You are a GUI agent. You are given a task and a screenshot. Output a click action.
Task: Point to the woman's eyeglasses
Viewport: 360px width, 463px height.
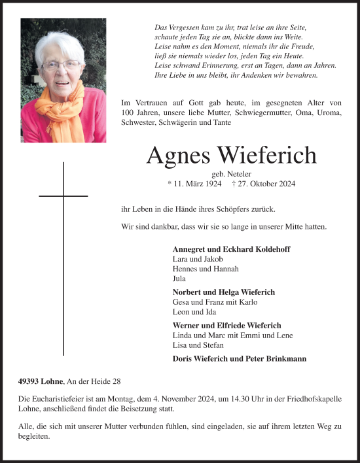[61, 65]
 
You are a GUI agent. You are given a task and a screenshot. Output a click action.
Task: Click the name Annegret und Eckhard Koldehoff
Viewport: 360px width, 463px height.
[231, 250]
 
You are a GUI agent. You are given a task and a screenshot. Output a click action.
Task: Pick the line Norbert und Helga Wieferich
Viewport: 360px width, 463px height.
[224, 292]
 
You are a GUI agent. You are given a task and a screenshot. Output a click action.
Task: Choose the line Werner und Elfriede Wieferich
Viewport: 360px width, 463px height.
[226, 326]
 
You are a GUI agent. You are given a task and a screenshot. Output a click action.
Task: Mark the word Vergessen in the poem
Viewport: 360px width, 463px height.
[185, 28]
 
